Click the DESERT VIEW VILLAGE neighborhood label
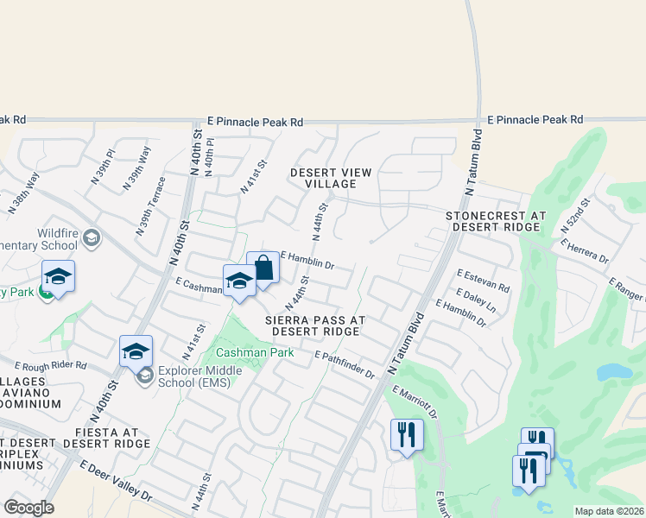pyautogui.click(x=331, y=178)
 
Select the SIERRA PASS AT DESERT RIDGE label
pyautogui.click(x=315, y=325)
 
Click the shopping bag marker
pyautogui.click(x=263, y=268)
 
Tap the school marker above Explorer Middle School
pyautogui.click(x=136, y=352)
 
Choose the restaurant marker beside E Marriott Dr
pyautogui.click(x=406, y=434)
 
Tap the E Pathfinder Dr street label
pyautogui.click(x=345, y=365)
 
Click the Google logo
pyautogui.click(x=28, y=508)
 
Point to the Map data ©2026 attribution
pyautogui.click(x=608, y=511)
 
